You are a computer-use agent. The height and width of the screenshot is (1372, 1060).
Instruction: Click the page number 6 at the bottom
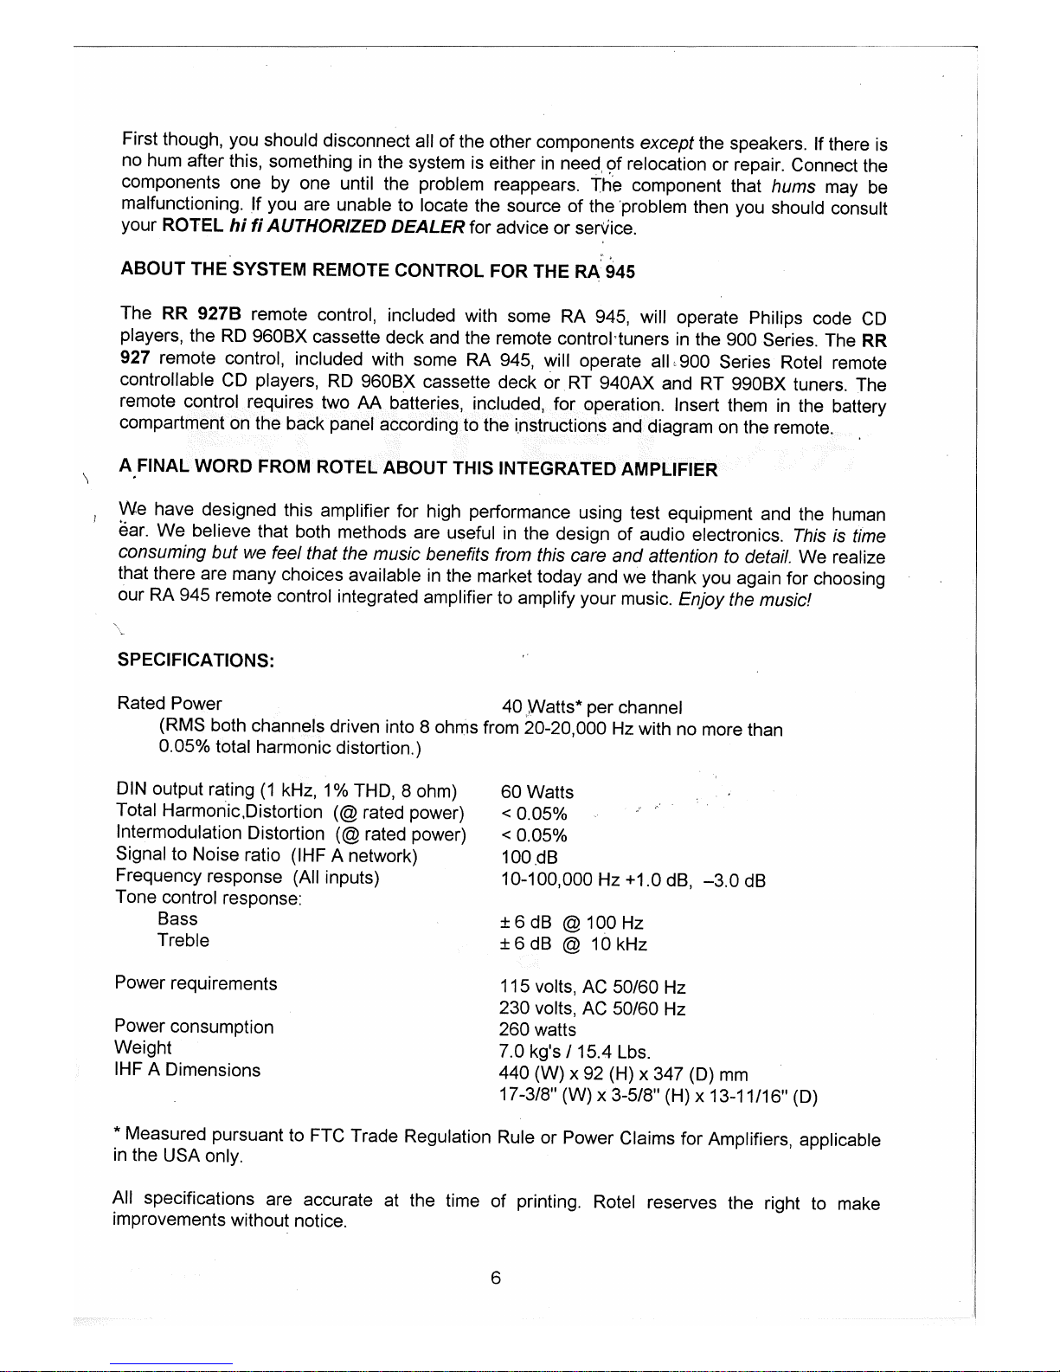tap(495, 1278)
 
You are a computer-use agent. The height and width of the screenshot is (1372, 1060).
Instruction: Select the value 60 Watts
tap(536, 792)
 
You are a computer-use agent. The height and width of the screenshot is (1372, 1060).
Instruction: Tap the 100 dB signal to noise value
tap(529, 857)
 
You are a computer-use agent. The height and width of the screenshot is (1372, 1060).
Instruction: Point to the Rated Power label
tap(169, 704)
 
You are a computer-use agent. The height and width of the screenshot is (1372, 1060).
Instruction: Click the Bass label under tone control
tap(177, 918)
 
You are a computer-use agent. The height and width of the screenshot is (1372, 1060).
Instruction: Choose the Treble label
tap(183, 940)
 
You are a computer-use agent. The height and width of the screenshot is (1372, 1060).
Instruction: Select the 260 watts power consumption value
tap(537, 1030)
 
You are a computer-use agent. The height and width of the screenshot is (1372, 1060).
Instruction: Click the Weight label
tap(143, 1047)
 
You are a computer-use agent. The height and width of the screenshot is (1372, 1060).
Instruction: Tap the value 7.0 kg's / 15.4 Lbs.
tap(575, 1052)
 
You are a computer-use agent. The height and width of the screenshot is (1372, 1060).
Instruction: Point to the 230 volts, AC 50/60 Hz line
tap(592, 1008)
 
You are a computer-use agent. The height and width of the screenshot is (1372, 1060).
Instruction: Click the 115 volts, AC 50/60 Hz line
tap(592, 987)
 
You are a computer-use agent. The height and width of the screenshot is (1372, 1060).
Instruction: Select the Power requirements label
tap(196, 983)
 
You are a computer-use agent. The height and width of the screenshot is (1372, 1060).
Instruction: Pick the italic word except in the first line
tap(666, 142)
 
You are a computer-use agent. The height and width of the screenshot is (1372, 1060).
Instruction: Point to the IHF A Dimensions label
tap(187, 1070)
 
